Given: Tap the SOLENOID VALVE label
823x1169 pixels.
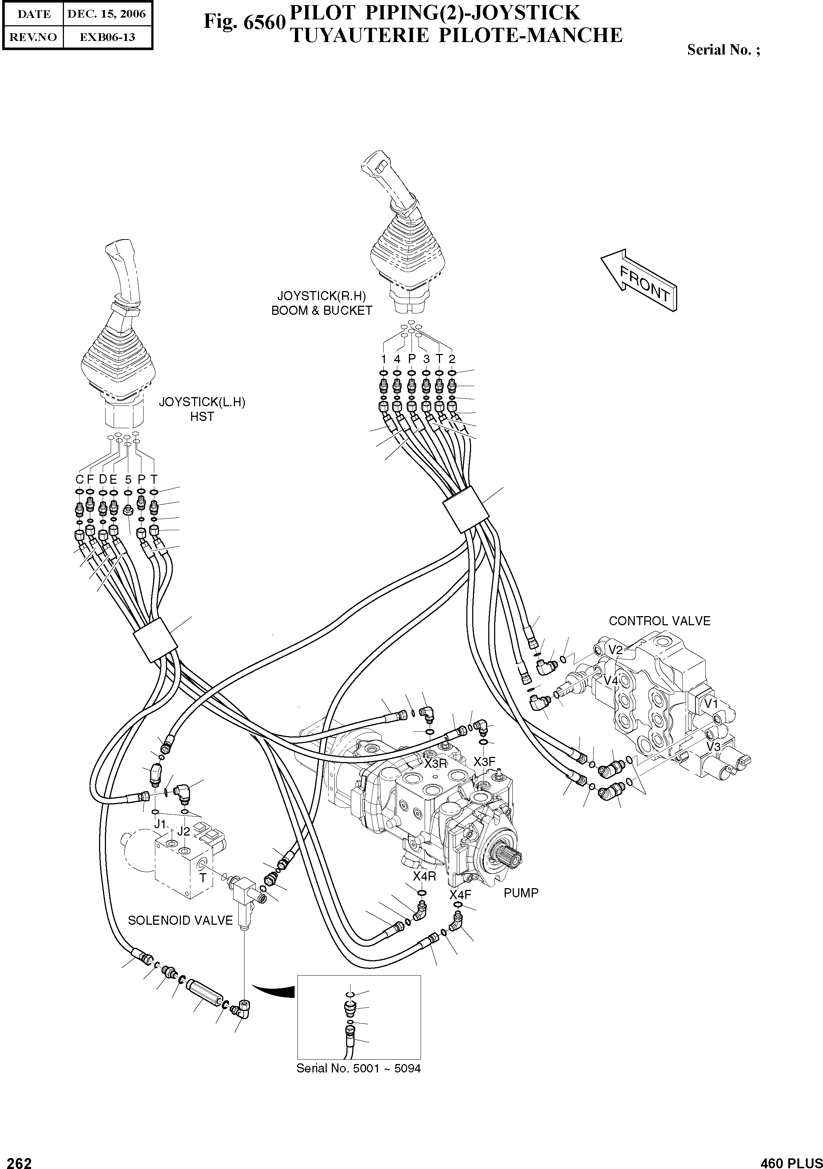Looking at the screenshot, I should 180,920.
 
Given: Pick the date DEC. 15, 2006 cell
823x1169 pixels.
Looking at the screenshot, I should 107,14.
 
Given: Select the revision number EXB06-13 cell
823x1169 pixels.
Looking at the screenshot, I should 107,37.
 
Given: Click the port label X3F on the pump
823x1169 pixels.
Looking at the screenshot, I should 484,761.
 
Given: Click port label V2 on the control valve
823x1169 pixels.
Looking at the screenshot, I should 616,650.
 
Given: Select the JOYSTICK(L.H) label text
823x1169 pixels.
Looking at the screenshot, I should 202,402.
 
